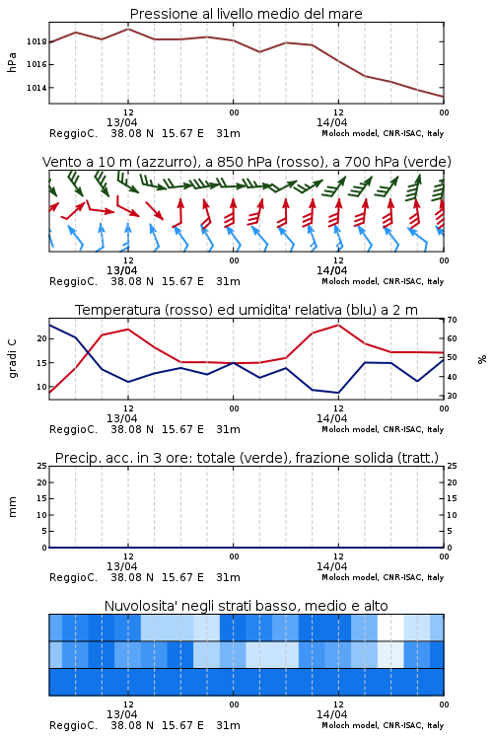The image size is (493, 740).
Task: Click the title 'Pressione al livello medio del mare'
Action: click(x=246, y=14)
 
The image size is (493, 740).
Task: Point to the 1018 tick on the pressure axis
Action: click(x=36, y=41)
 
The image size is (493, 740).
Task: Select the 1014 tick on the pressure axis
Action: click(x=36, y=88)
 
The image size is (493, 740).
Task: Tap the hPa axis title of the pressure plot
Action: click(x=12, y=62)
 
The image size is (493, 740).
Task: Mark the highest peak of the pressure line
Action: click(x=128, y=29)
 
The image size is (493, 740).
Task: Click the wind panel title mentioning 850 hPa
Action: click(x=246, y=162)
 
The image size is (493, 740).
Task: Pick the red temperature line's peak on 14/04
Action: click(x=338, y=325)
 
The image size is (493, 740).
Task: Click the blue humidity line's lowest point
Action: click(x=338, y=393)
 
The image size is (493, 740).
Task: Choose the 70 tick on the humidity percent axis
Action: click(x=452, y=320)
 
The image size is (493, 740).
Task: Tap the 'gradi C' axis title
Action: click(x=12, y=358)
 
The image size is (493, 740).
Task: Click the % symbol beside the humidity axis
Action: click(x=482, y=359)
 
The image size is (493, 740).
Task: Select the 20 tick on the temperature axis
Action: click(x=42, y=338)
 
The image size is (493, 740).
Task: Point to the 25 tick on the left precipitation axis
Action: click(x=42, y=467)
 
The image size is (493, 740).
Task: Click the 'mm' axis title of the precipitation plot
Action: click(x=12, y=507)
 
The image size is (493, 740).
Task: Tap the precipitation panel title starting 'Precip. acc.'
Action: click(x=246, y=458)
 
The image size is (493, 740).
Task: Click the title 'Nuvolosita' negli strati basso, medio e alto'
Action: click(x=246, y=606)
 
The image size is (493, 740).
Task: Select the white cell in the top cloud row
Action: click(x=390, y=628)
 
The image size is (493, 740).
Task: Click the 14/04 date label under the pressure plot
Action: click(x=331, y=122)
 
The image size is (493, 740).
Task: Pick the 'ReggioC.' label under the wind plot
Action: click(x=73, y=282)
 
